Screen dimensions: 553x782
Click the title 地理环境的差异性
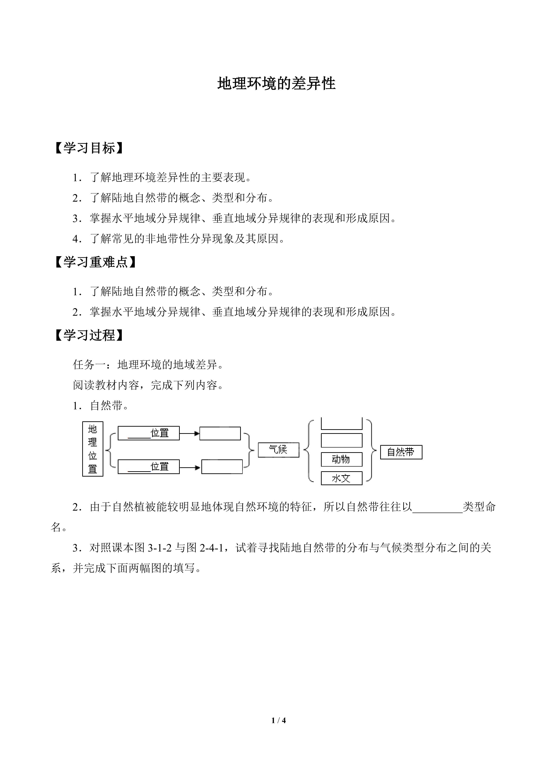coord(276,83)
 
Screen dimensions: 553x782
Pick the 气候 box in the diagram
coord(278,450)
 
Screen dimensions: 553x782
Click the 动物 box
coord(342,459)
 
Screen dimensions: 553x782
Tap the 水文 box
coord(342,478)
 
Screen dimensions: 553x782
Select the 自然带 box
coord(401,452)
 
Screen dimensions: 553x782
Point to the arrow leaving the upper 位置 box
coord(189,434)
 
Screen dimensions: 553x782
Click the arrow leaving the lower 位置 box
coord(190,468)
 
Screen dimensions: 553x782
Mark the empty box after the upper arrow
coord(220,434)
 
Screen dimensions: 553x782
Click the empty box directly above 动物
coord(342,440)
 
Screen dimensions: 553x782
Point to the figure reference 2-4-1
coord(211,548)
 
